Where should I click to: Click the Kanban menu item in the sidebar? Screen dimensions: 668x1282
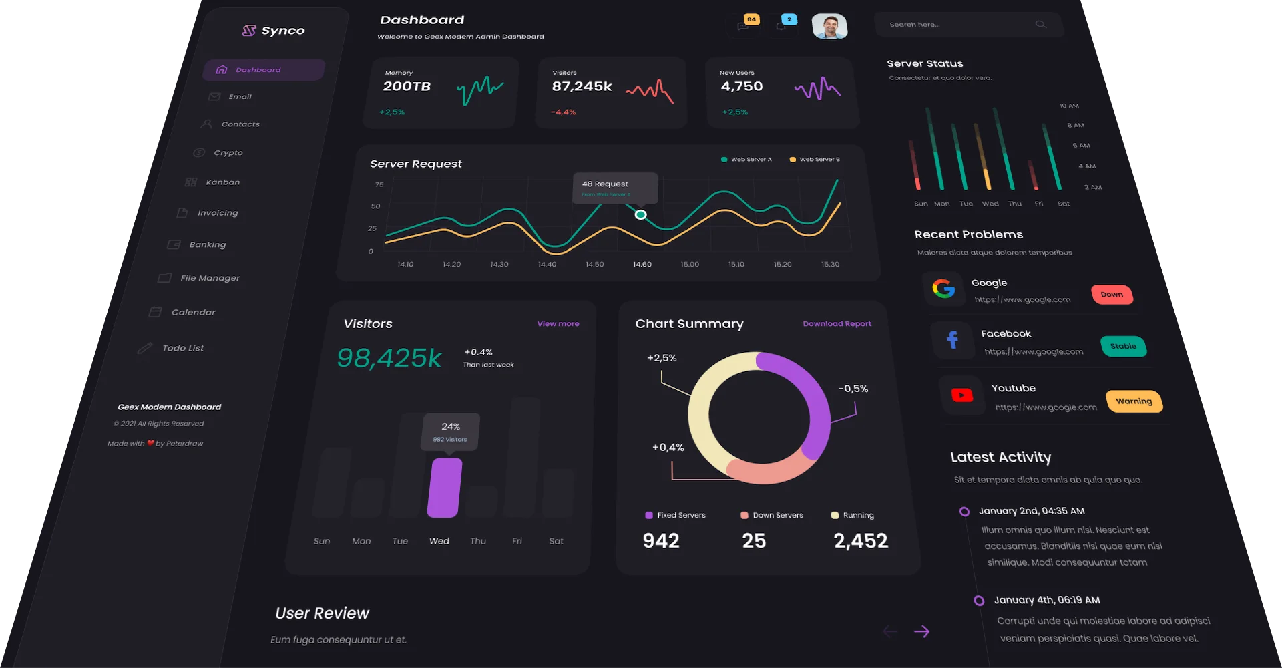click(x=222, y=182)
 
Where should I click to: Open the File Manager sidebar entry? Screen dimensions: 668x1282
click(x=210, y=278)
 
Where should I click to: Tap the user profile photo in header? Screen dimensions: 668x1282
click(x=829, y=27)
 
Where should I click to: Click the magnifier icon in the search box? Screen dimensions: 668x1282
click(x=1040, y=25)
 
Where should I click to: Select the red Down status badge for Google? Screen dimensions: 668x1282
click(x=1112, y=295)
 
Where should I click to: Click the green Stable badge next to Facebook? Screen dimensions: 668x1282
click(x=1123, y=346)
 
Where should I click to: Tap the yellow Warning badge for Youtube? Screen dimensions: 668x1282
click(x=1134, y=401)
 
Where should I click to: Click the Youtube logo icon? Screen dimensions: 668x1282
click(x=961, y=395)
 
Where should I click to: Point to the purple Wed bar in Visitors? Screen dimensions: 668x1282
click(x=445, y=487)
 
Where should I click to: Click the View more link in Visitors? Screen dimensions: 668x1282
click(x=558, y=324)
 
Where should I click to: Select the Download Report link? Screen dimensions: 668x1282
click(x=837, y=324)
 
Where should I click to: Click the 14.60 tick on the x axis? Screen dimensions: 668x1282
click(x=642, y=265)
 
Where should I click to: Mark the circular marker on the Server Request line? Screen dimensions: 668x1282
click(x=640, y=215)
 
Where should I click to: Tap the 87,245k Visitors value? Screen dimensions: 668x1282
click(x=582, y=86)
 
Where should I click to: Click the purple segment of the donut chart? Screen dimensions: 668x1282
click(x=811, y=401)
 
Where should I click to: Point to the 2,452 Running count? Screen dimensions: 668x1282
click(x=861, y=540)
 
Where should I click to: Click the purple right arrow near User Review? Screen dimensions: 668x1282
click(x=921, y=631)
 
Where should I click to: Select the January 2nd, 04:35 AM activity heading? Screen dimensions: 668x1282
click(x=1032, y=511)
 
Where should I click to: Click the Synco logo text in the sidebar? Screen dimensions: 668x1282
click(x=282, y=31)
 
